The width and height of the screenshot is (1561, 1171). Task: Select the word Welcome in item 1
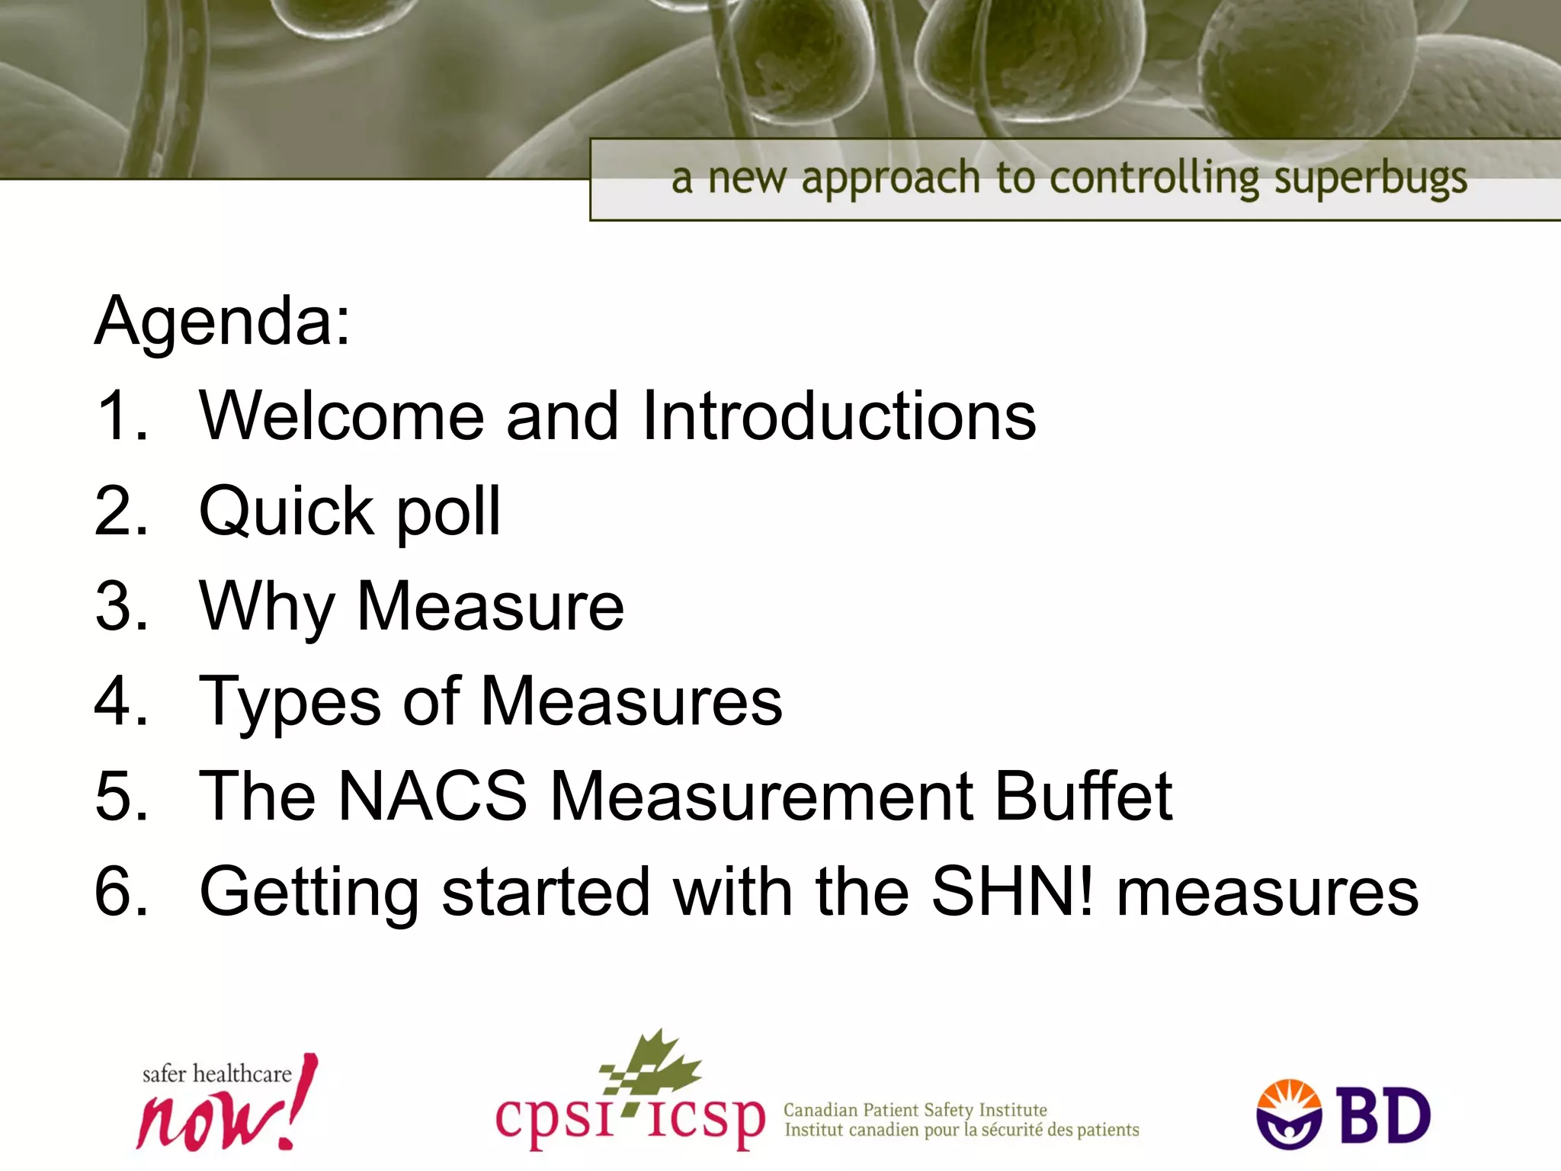(x=341, y=416)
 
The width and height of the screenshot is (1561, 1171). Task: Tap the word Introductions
(x=838, y=416)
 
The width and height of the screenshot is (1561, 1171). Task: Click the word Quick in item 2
(x=284, y=511)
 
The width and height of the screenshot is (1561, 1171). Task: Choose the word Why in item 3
(x=267, y=608)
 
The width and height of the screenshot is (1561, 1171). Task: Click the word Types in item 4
(x=290, y=703)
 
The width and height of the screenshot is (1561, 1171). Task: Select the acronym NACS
(x=432, y=796)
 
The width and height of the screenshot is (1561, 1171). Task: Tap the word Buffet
(x=1083, y=796)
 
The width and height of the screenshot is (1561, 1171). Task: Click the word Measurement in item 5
(x=761, y=796)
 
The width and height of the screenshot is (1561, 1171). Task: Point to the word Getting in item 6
(x=309, y=892)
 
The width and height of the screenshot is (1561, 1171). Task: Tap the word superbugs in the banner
(x=1370, y=180)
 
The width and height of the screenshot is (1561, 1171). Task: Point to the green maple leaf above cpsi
(x=655, y=1064)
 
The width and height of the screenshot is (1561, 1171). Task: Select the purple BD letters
(x=1384, y=1116)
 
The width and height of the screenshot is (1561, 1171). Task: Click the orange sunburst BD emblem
(x=1289, y=1113)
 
